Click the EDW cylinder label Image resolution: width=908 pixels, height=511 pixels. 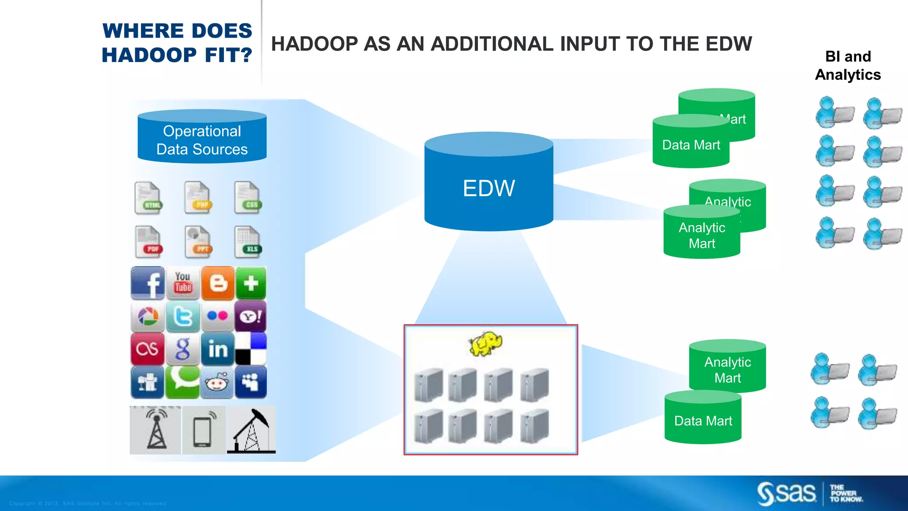[x=489, y=188]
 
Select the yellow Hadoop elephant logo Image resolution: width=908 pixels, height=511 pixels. [x=485, y=343]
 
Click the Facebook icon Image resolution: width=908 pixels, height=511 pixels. [x=148, y=283]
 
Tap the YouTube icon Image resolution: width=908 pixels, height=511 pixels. [x=183, y=283]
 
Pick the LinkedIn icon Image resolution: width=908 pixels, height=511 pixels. [x=217, y=349]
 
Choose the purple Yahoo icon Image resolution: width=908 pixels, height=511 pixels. [x=250, y=316]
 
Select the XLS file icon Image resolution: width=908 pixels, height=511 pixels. [x=248, y=242]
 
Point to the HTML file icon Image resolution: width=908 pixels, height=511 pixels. [x=149, y=198]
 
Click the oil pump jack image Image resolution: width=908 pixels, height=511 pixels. [x=251, y=430]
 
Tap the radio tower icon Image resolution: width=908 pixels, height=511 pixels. [x=156, y=430]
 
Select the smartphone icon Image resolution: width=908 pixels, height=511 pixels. [x=204, y=430]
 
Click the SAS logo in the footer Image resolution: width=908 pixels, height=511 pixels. [x=787, y=493]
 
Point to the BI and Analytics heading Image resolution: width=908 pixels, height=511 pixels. [x=848, y=66]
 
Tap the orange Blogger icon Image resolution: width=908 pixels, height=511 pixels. [x=218, y=283]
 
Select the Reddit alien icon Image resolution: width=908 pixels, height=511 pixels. [x=217, y=382]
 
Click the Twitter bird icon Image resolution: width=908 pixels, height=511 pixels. [x=183, y=316]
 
